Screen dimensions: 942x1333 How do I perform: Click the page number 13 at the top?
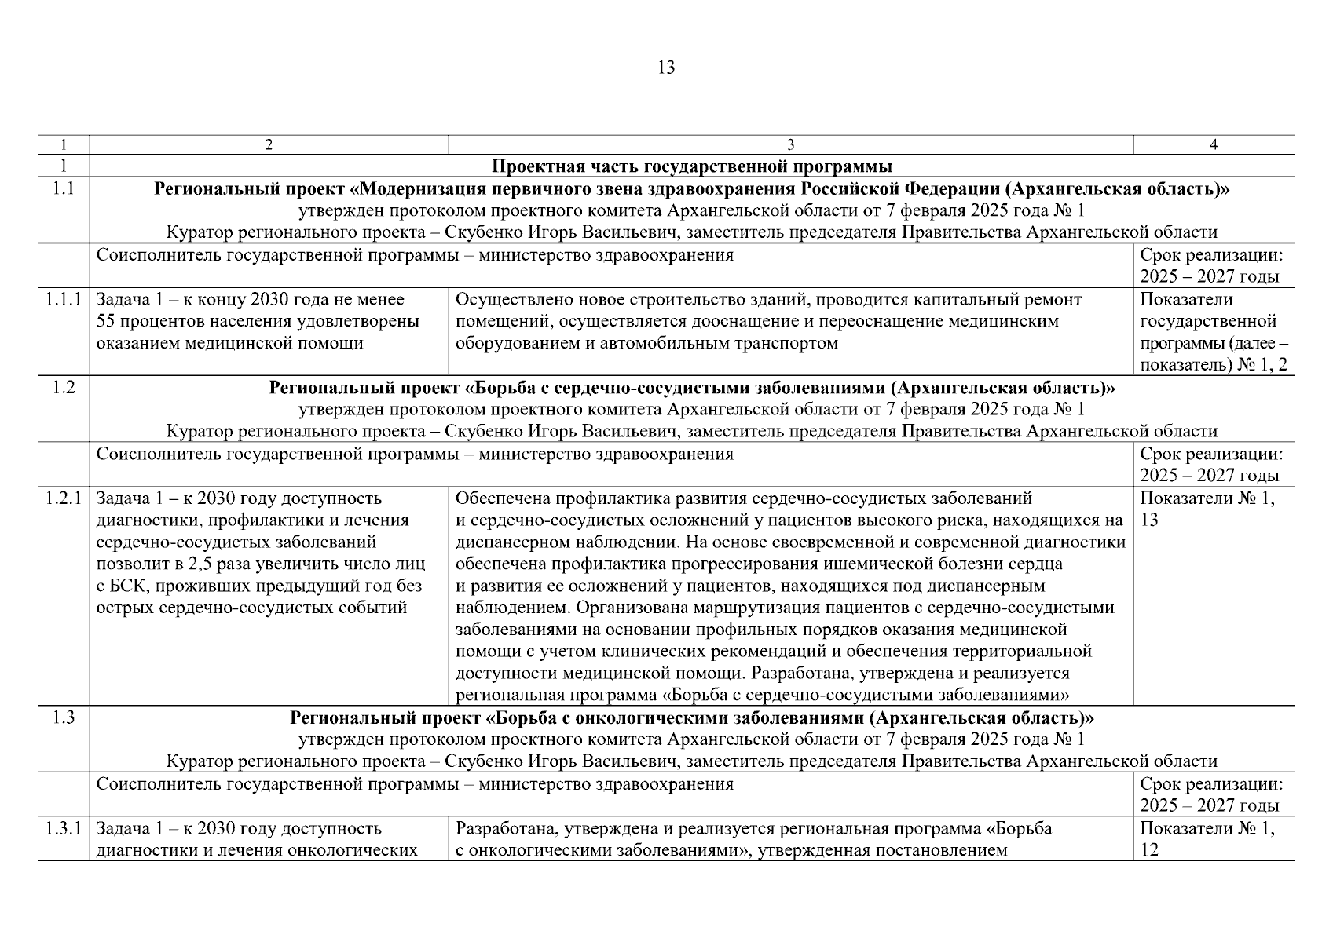tap(665, 68)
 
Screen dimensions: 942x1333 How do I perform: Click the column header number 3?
tap(790, 144)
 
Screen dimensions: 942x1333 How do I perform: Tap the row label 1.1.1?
tap(64, 300)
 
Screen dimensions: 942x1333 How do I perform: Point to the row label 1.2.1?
tap(64, 498)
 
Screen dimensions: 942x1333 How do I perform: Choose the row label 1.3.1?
tap(64, 829)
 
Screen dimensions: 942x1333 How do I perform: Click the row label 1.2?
tap(64, 388)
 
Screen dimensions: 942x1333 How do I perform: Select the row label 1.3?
tap(64, 718)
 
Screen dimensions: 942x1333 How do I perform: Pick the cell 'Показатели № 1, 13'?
tap(1207, 509)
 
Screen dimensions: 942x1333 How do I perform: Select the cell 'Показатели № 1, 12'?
tap(1207, 838)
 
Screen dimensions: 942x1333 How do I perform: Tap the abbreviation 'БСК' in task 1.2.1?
tap(125, 586)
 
